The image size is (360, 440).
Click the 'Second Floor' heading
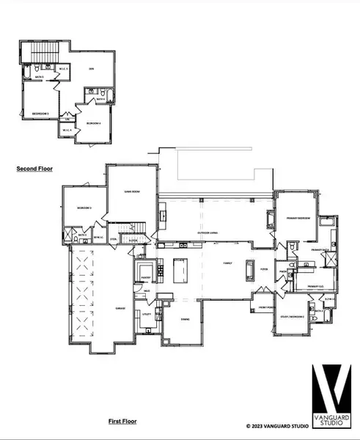pyautogui.click(x=34, y=169)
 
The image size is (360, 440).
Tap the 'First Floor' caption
pyautogui.click(x=123, y=421)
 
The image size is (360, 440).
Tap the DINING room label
pyautogui.click(x=185, y=319)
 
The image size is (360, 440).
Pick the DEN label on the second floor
pyautogui.click(x=92, y=67)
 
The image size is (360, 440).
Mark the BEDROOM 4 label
pyautogui.click(x=93, y=123)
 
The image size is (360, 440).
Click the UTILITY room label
pyautogui.click(x=146, y=314)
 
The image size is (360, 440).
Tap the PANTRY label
pyautogui.click(x=146, y=277)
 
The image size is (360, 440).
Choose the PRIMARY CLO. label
pyautogui.click(x=315, y=285)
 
